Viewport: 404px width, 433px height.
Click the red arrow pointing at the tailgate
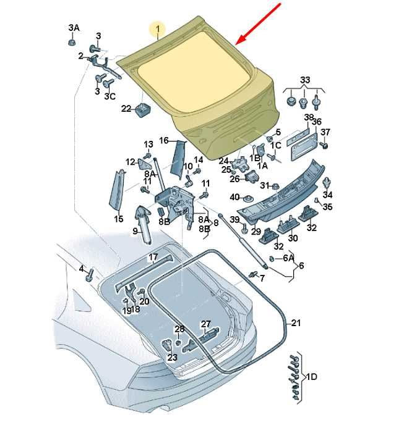coord(258,23)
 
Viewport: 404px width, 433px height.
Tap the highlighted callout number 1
coord(158,28)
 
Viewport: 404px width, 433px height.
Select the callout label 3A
coord(74,28)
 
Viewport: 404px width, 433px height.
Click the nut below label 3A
coord(72,42)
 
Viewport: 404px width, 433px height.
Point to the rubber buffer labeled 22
coord(143,110)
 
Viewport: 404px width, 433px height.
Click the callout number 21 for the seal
coord(296,322)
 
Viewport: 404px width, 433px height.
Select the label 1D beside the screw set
coord(311,377)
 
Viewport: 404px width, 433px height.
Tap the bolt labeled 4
coord(90,275)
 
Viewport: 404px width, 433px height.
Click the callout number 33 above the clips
coord(305,80)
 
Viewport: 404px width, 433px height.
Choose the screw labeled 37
coord(324,145)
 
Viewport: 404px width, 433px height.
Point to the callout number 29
coord(256,232)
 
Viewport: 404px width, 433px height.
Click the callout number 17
coord(153,257)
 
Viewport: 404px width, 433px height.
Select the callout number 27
coord(206,324)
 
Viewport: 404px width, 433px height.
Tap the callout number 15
coord(119,219)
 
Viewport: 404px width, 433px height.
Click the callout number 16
coord(164,141)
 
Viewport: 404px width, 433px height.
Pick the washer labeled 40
coord(247,198)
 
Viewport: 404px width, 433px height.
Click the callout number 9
coord(135,231)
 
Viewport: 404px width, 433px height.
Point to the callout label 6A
coord(288,258)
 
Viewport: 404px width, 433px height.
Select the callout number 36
coord(317,122)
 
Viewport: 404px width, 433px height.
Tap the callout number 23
coord(172,358)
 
